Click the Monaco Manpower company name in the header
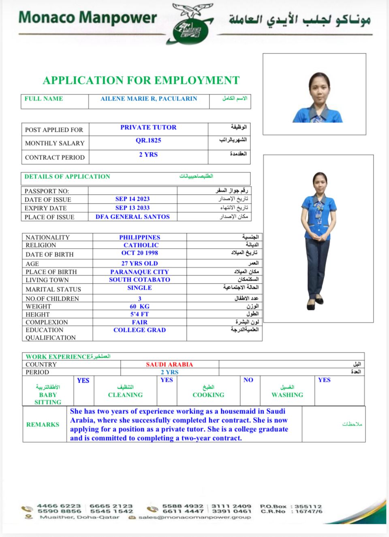coord(88,18)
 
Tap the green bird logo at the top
coord(191,24)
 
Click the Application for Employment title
coord(141,80)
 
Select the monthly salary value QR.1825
coord(148,140)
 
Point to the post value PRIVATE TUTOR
coord(148,127)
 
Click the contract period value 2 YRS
coord(148,155)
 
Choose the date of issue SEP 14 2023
coord(133,199)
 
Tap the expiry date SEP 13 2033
coord(133,208)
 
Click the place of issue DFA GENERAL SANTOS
coord(133,217)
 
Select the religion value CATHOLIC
coord(141,245)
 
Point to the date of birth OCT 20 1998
coord(140,253)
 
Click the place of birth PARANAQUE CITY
coord(139,272)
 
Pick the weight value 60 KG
coord(139,306)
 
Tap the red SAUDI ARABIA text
coord(169,364)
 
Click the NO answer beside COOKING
coord(248,380)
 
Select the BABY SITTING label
coord(48,398)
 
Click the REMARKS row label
coord(43,425)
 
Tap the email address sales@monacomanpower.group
coord(194,518)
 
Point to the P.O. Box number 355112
coord(308,507)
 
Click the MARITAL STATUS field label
coord(53,289)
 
